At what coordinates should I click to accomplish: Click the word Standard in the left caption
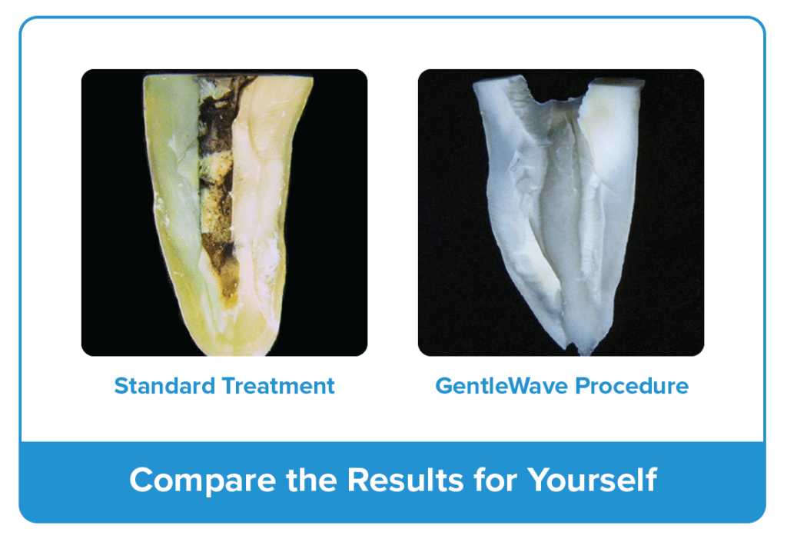(x=164, y=386)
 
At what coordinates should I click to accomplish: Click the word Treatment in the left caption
(x=278, y=386)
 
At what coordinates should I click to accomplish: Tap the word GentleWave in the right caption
(x=501, y=386)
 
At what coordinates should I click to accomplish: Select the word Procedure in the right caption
(x=632, y=386)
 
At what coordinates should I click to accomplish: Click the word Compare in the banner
(x=203, y=480)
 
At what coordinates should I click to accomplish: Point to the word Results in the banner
(x=405, y=480)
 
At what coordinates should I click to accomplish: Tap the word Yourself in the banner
(x=593, y=480)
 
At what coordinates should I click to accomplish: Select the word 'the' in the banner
(x=312, y=480)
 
